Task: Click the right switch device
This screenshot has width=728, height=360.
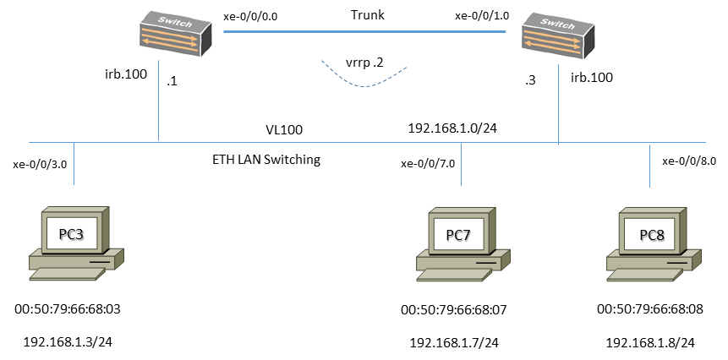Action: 557,35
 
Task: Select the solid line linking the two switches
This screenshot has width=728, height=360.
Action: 364,31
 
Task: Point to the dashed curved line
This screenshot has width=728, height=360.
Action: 364,84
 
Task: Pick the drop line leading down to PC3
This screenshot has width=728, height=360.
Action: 74,164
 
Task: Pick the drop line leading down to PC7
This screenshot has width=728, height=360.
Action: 461,164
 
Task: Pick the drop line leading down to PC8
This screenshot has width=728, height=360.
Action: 649,166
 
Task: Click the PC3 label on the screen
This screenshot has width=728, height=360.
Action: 71,234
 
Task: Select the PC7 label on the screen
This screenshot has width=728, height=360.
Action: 458,235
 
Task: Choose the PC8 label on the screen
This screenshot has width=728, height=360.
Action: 652,235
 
